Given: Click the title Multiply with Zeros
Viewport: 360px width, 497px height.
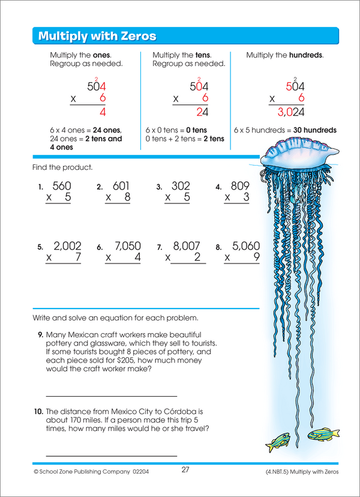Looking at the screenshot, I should [97, 37].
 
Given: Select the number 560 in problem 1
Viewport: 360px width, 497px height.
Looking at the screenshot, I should [62, 187].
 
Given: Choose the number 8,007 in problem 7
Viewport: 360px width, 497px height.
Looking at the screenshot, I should [185, 246].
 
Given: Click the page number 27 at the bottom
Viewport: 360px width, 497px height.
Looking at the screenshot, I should [185, 470].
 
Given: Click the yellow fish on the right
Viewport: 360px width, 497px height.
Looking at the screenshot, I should [319, 434].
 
